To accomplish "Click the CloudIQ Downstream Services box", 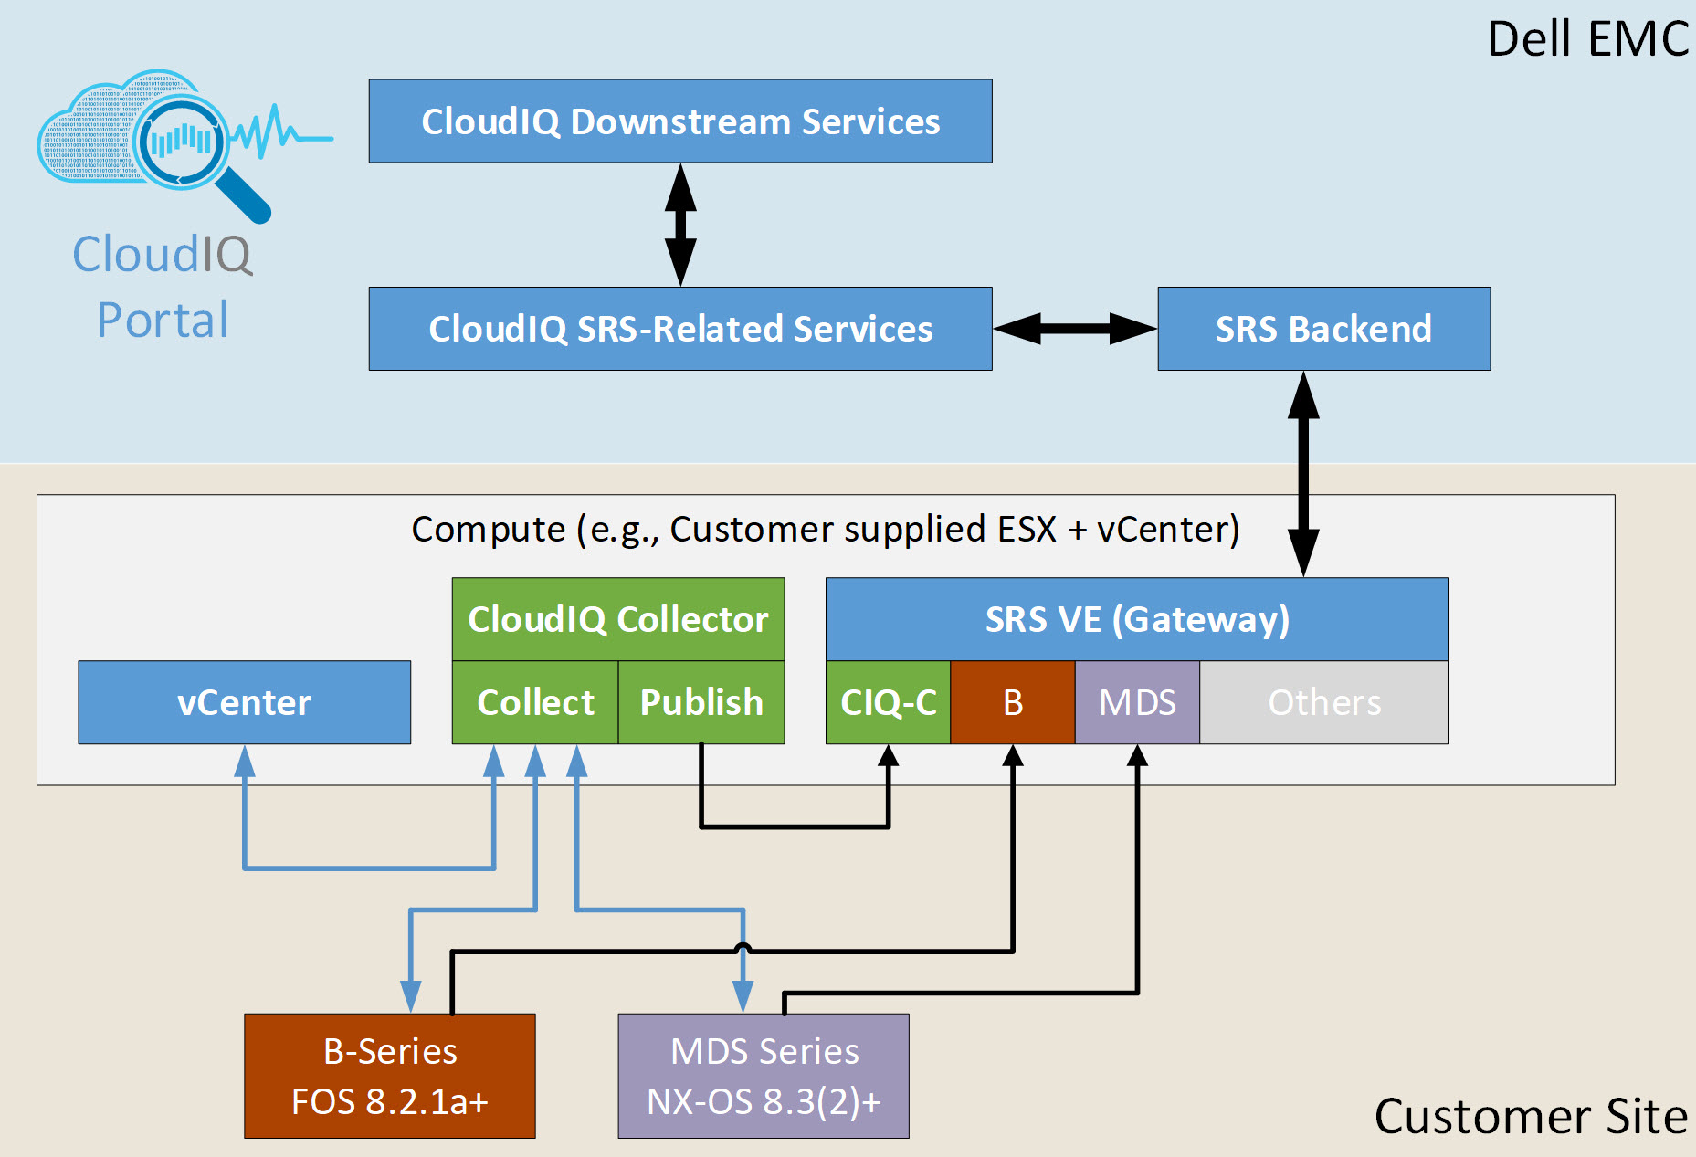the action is point(680,121).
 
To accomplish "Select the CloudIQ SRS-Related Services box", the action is point(680,329).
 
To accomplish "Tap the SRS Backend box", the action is point(1324,329).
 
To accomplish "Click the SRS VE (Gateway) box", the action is point(1137,619).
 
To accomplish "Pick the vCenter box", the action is point(245,702).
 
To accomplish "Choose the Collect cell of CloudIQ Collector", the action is point(535,702).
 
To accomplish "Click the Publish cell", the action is point(701,702).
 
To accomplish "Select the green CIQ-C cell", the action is point(889,702).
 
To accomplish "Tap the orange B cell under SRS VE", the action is point(1013,702).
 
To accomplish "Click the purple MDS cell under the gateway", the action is point(1137,702).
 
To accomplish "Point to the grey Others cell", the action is point(1324,702).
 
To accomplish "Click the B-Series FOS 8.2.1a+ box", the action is point(390,1076).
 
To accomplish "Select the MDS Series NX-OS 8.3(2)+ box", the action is point(764,1076).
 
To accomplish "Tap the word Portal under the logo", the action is point(163,320).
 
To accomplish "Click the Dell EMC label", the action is point(1588,39).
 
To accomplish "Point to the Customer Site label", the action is point(1531,1116).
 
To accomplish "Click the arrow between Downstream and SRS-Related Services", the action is point(680,225).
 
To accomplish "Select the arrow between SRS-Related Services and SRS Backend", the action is point(1075,329).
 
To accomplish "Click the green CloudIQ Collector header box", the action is point(618,619).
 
